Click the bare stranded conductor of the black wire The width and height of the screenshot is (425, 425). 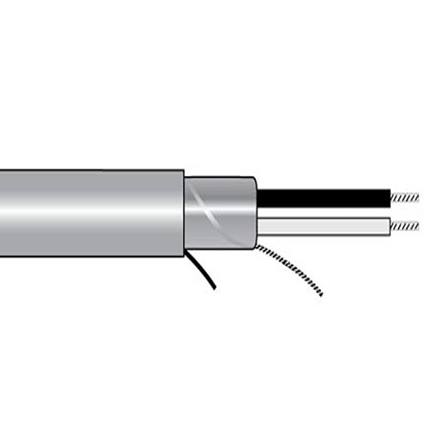click(405, 197)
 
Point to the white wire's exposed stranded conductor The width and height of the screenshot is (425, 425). click(405, 227)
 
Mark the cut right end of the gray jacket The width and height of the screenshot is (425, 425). click(183, 212)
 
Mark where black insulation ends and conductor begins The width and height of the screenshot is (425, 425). click(391, 197)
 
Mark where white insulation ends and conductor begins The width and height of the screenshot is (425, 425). click(391, 227)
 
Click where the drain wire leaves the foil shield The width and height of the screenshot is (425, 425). click(256, 246)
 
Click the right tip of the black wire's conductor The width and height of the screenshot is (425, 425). click(418, 196)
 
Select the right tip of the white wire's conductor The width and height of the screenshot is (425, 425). click(418, 227)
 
